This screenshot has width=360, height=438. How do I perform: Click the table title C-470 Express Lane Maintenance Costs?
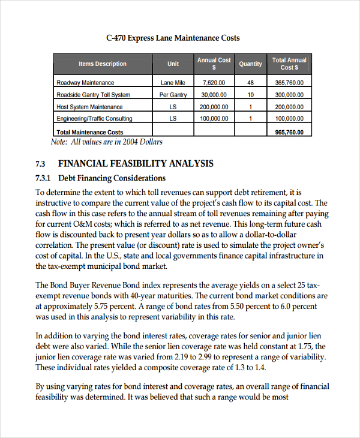(173, 38)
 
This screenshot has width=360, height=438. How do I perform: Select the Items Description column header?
(103, 64)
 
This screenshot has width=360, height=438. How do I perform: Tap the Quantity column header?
(250, 64)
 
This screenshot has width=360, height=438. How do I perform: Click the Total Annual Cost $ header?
(289, 64)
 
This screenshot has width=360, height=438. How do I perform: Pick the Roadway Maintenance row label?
(85, 83)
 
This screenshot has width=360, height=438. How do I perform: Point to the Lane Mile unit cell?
(173, 83)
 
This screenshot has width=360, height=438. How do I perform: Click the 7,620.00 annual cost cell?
(214, 83)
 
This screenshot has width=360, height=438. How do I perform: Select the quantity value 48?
(250, 83)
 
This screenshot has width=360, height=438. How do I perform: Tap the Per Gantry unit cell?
(173, 95)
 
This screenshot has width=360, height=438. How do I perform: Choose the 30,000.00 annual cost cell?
(214, 95)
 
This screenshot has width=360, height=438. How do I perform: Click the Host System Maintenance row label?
(89, 107)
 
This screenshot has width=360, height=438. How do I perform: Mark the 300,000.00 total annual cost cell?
(289, 95)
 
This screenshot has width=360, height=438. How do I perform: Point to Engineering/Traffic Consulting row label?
(94, 119)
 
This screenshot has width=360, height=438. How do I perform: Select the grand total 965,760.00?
(289, 132)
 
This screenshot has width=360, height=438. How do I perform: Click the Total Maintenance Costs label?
(89, 132)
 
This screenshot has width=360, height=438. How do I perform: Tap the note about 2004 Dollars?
(107, 142)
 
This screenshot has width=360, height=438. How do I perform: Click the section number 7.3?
(41, 164)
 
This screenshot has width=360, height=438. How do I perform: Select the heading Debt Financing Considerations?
(112, 178)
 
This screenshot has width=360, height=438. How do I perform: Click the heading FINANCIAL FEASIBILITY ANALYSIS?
(135, 164)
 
